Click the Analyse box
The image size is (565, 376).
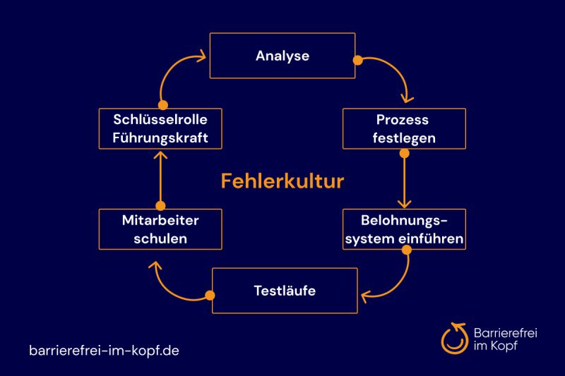282,56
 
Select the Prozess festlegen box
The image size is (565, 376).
403,128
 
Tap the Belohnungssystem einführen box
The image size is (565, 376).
403,229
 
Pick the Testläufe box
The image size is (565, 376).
284,290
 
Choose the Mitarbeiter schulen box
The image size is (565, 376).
160,229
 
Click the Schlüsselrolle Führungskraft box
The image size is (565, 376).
160,128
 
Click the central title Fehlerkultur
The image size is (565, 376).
282,181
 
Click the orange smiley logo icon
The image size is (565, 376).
453,337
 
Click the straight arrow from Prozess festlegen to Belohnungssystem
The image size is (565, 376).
404,179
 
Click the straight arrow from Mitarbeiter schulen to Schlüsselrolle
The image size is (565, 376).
160,179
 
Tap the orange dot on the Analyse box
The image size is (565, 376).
358,60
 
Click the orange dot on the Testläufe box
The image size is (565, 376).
209,296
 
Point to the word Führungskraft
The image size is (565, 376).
160,138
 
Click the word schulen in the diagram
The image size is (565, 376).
160,238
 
